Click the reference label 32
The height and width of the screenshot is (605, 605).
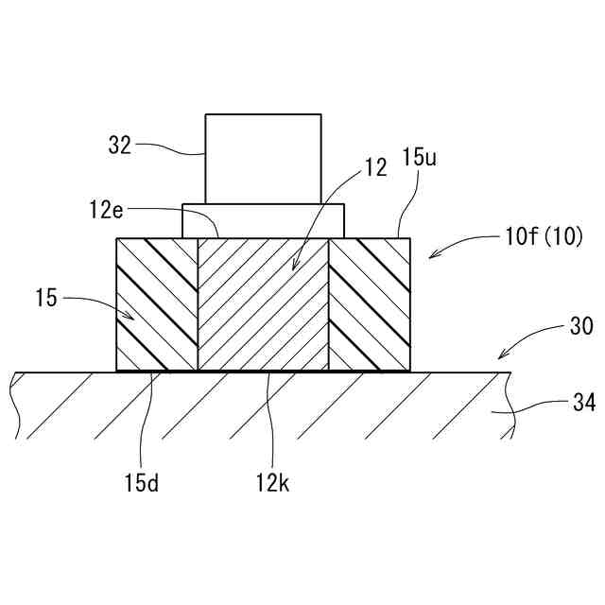119,147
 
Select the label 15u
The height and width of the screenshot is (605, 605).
420,158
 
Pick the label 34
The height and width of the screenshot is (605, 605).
584,404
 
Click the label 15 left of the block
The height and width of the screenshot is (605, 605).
45,299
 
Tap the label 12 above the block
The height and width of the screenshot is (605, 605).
375,168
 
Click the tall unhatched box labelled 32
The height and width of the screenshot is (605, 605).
264,158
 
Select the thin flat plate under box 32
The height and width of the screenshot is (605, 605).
263,220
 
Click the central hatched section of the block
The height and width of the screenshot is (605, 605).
263,303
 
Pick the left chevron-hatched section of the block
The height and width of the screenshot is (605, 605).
156,303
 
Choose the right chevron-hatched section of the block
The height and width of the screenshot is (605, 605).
370,303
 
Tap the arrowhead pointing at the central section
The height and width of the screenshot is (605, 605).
293,269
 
